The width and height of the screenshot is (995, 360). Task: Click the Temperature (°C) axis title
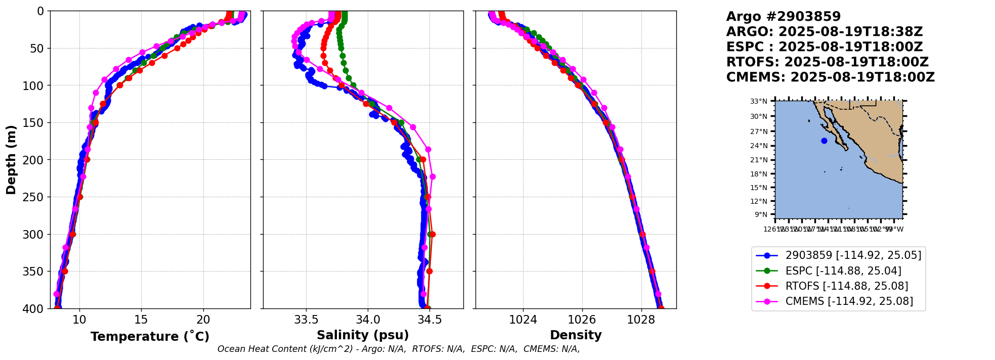(150, 337)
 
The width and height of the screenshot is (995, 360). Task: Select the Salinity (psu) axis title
(363, 335)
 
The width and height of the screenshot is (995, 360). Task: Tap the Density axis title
(576, 335)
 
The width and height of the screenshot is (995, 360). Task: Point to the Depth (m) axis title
(11, 159)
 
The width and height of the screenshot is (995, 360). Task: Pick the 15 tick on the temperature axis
(141, 320)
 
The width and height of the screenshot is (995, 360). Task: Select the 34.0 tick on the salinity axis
(368, 320)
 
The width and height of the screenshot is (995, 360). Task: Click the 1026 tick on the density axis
(582, 320)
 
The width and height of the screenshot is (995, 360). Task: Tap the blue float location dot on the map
(824, 141)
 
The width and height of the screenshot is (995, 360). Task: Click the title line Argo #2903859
(783, 17)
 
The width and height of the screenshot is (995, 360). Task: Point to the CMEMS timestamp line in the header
(830, 77)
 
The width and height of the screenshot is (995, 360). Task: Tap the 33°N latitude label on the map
(759, 101)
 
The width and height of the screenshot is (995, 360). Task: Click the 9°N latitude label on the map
(761, 214)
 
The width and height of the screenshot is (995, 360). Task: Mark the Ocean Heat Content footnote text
(399, 349)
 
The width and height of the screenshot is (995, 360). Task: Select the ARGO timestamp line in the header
(824, 32)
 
